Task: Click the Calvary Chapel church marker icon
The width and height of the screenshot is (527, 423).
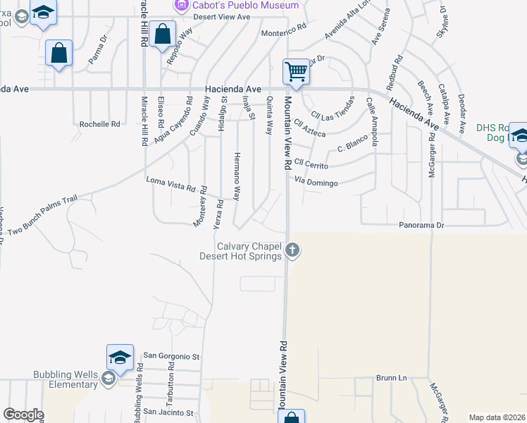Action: click(293, 250)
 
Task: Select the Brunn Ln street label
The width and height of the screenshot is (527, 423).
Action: click(391, 378)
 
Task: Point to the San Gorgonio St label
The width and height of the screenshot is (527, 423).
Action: click(172, 356)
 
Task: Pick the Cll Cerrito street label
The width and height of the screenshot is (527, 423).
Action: click(311, 162)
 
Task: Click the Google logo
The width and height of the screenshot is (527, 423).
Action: click(23, 415)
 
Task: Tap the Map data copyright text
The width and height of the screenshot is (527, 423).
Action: click(497, 417)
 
